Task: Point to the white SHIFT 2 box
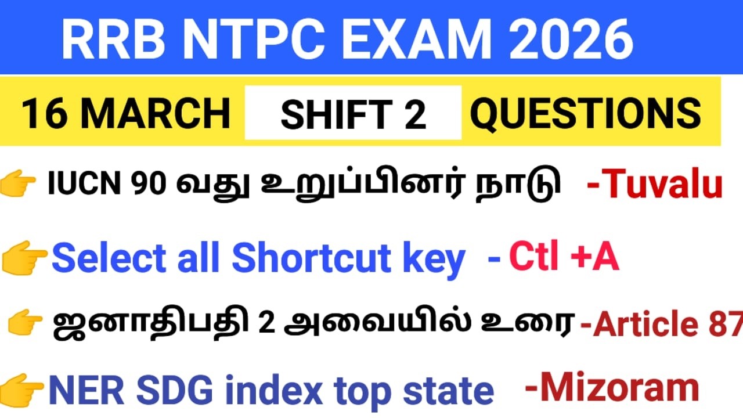[353, 113]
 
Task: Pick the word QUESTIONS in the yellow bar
[585, 113]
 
